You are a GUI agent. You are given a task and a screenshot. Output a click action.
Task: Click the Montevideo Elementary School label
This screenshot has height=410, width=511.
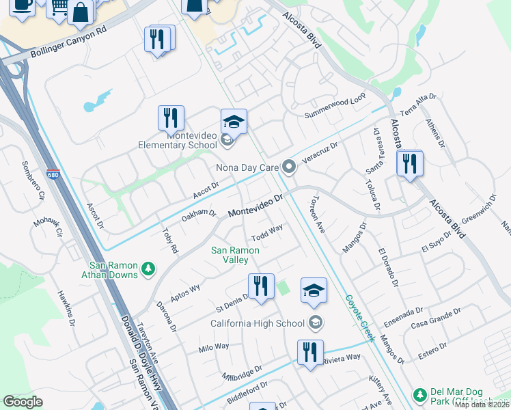point(178,140)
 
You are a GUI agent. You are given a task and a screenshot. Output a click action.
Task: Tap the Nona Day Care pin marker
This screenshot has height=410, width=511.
point(290,167)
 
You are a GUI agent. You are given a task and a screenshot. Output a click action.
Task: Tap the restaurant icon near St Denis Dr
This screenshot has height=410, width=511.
point(261,287)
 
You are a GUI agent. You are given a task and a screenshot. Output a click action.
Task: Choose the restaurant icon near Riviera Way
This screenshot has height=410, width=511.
point(310,353)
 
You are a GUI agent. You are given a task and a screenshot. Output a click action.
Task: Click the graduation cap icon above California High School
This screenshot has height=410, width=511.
point(314,290)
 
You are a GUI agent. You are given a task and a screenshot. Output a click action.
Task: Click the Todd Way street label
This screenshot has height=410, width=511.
point(266,232)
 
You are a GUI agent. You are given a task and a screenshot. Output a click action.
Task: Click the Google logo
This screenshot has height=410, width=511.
point(23,402)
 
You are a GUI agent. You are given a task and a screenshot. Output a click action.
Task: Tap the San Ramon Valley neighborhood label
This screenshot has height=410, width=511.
point(234,256)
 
